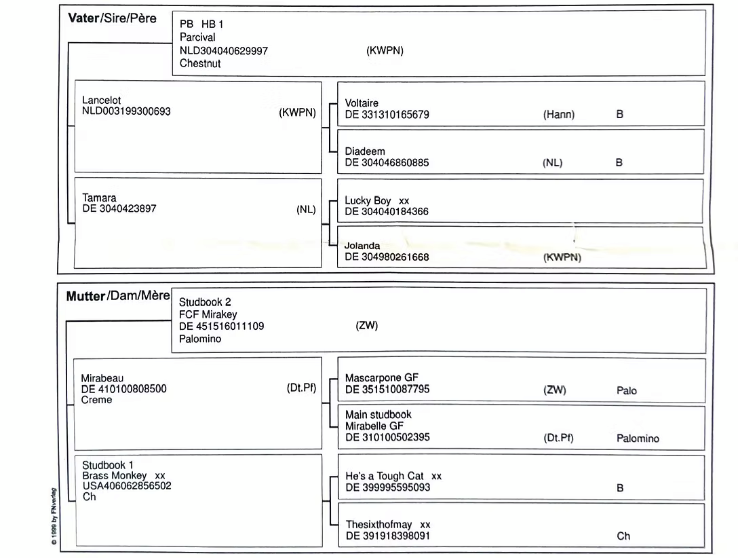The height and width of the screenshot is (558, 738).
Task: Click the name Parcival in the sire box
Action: click(x=197, y=37)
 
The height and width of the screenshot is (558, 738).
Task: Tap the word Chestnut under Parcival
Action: click(x=200, y=63)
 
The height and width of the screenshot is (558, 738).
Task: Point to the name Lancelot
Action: click(x=101, y=100)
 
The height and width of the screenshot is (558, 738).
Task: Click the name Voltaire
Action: click(x=362, y=103)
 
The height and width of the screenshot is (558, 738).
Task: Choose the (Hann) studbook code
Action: click(x=558, y=115)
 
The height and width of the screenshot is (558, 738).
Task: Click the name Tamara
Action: click(x=99, y=198)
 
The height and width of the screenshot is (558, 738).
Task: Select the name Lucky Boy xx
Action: click(x=376, y=201)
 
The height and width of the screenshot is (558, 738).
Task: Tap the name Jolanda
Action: click(x=362, y=246)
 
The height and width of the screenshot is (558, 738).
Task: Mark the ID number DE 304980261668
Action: click(x=387, y=257)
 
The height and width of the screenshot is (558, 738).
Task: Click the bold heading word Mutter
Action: click(x=86, y=297)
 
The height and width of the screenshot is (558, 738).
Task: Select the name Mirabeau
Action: click(x=102, y=378)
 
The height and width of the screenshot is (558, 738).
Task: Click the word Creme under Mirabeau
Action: click(x=96, y=400)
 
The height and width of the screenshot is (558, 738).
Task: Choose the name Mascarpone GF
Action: click(x=381, y=378)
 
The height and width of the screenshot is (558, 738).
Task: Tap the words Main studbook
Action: click(x=378, y=414)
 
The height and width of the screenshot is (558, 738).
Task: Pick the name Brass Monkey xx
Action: click(x=123, y=475)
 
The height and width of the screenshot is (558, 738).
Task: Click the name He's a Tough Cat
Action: click(x=384, y=477)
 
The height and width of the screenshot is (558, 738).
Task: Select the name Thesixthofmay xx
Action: click(x=387, y=525)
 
